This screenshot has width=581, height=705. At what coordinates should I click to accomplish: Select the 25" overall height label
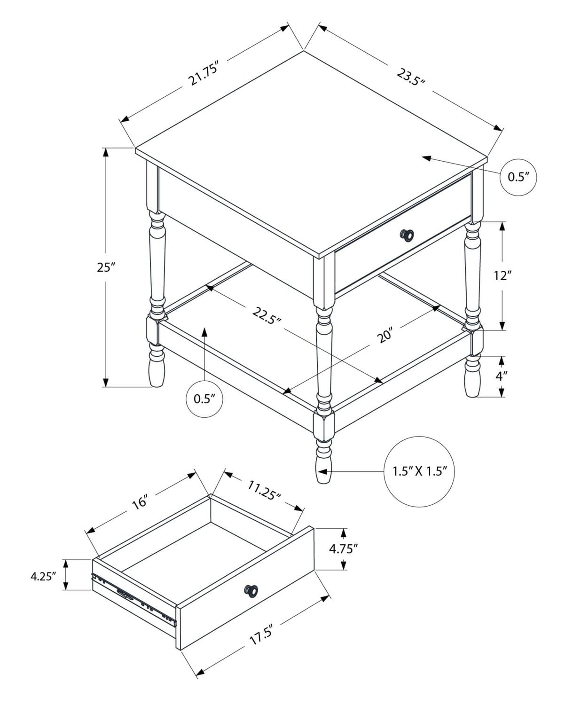tap(106, 267)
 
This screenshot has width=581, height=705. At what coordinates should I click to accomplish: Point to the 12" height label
tap(502, 275)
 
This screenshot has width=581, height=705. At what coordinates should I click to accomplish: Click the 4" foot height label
tap(502, 376)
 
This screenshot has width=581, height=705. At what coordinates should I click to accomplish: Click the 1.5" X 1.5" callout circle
tap(420, 471)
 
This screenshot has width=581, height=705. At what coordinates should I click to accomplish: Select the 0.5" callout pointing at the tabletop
tap(518, 177)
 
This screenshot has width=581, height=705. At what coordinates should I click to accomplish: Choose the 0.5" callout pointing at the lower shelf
tap(204, 399)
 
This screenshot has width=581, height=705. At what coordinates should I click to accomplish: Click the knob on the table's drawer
tap(407, 235)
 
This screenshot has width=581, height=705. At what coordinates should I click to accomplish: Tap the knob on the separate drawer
tap(251, 590)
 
